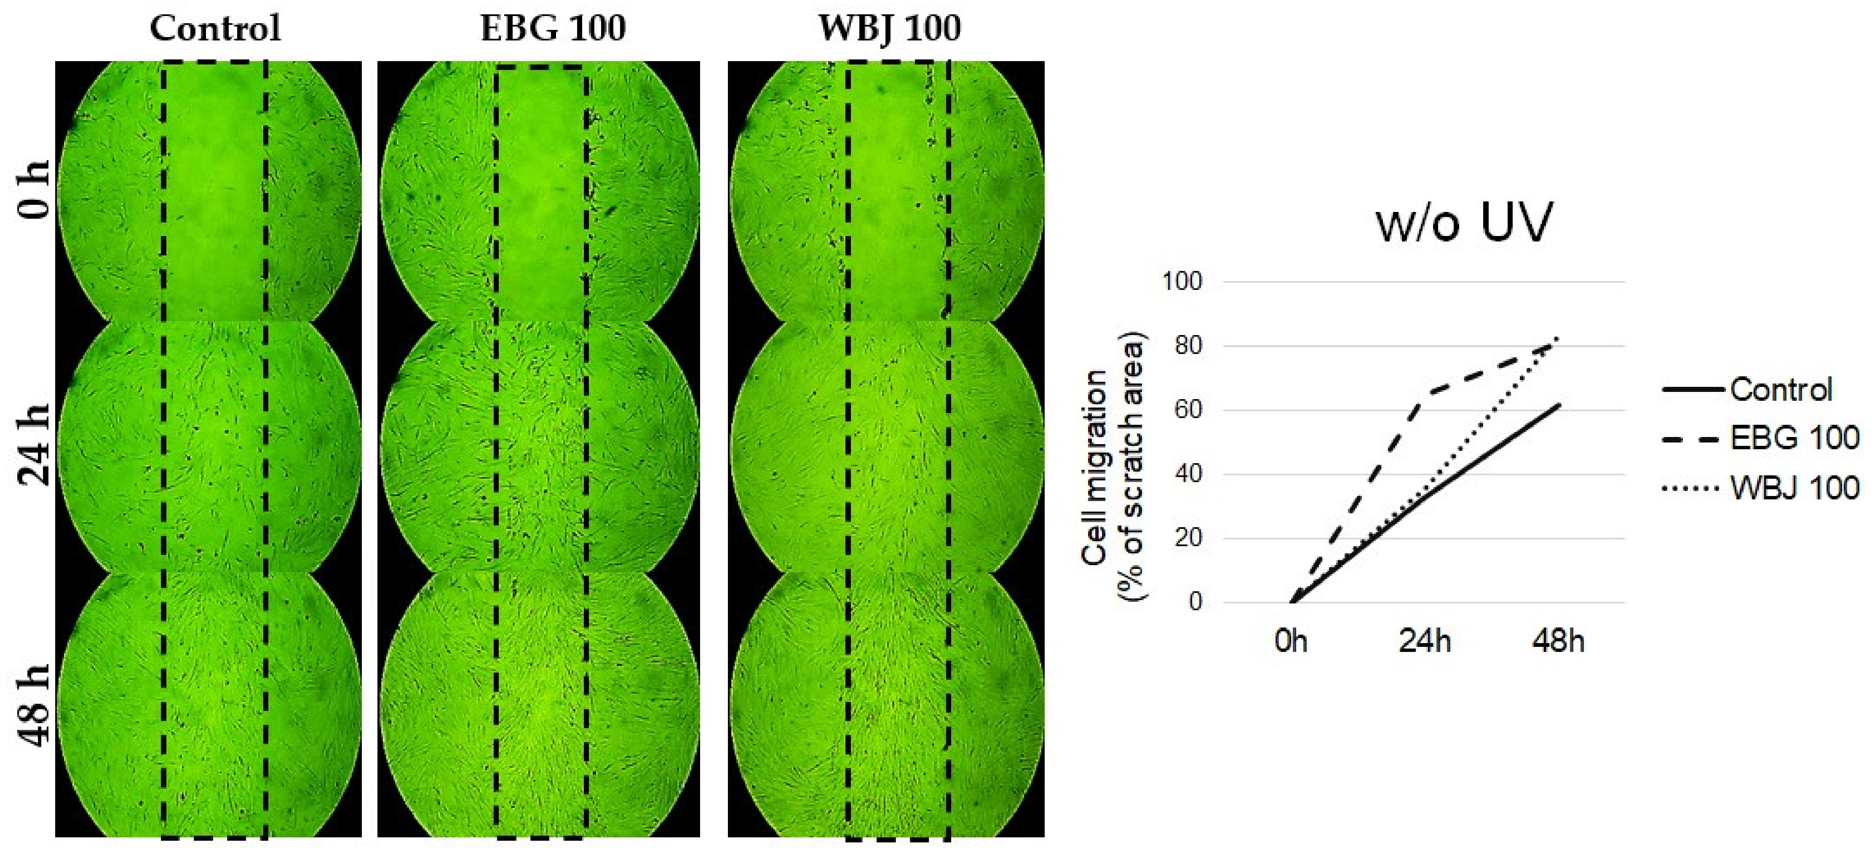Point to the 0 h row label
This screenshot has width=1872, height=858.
(x=33, y=190)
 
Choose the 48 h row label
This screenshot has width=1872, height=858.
(x=33, y=705)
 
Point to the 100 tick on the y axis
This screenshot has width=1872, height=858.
(x=1182, y=282)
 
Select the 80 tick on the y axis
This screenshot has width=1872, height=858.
(x=1188, y=346)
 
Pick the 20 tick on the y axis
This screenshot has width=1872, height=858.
(x=1188, y=538)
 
